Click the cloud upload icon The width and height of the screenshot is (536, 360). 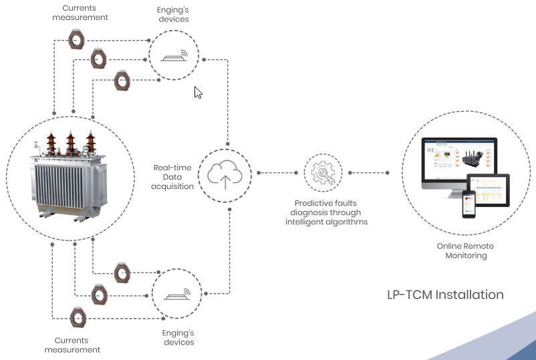(225, 175)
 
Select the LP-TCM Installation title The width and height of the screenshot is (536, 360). (445, 295)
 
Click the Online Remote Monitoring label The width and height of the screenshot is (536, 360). (465, 250)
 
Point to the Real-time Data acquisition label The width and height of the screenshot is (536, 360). (173, 176)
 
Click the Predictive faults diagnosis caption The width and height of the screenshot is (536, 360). (331, 212)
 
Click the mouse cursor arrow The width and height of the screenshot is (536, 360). (197, 92)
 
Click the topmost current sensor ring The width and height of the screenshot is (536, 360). (78, 39)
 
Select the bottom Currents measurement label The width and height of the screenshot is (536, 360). (72, 345)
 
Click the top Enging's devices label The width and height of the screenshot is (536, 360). (174, 15)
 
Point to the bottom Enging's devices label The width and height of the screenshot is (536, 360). (178, 337)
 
